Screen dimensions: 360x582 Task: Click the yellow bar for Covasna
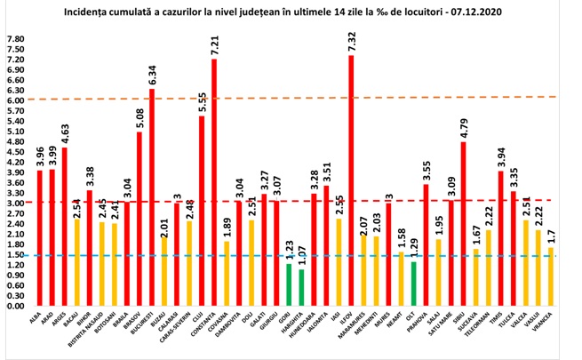click(226, 273)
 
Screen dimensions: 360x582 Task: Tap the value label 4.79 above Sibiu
click(464, 122)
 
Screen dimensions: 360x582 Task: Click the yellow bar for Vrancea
click(551, 276)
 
